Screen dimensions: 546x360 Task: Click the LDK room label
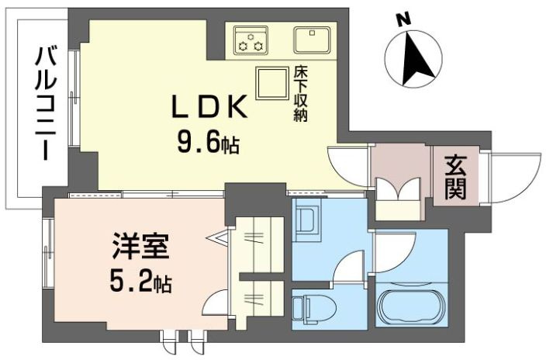click(x=209, y=106)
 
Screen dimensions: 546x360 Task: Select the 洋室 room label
click(x=140, y=247)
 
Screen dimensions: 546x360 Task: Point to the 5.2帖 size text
click(x=140, y=282)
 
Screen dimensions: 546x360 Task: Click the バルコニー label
click(x=46, y=104)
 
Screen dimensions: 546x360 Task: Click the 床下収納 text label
click(x=300, y=94)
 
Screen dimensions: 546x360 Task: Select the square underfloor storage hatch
click(x=272, y=83)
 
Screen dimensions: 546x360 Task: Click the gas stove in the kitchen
click(x=251, y=40)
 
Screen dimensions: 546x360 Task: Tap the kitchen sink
click(x=312, y=40)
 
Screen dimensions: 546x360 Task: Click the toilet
click(x=314, y=309)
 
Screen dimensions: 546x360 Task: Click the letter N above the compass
click(x=404, y=19)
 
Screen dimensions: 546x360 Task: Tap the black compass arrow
click(x=416, y=58)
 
